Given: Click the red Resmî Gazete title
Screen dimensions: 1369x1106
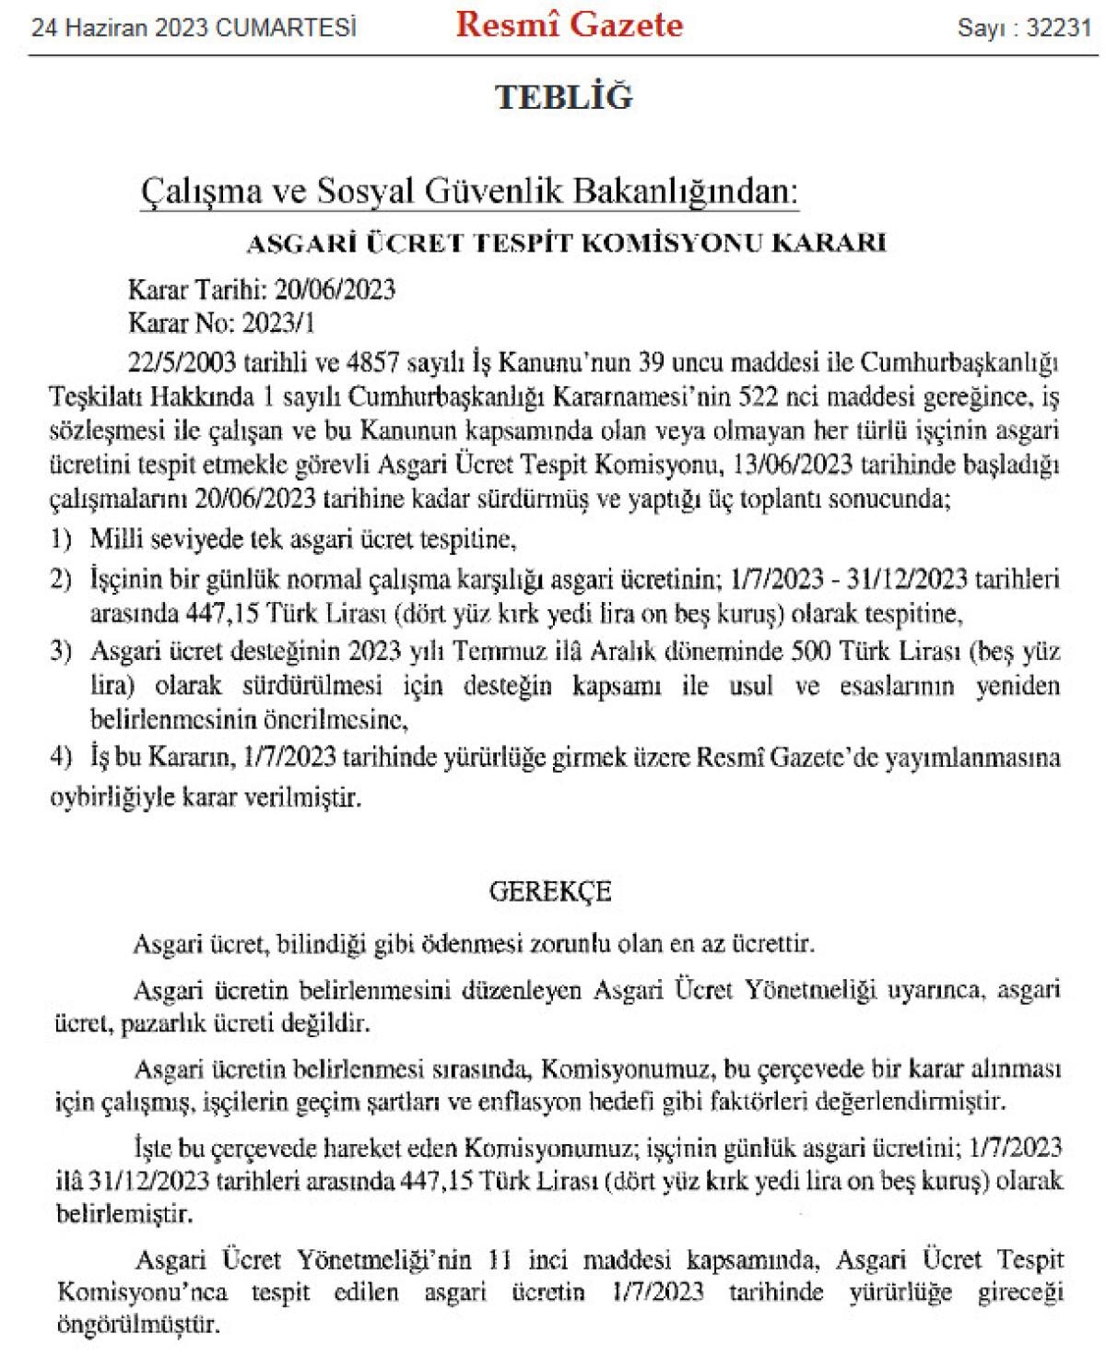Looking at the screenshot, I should (570, 25).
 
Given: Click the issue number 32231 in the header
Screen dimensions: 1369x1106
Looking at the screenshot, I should (1058, 28).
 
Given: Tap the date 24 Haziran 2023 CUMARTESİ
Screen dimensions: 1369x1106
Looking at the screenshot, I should (194, 29).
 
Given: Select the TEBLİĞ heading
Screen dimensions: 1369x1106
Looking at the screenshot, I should (564, 97).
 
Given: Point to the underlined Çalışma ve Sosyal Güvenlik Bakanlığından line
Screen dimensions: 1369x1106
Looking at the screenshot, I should (469, 192).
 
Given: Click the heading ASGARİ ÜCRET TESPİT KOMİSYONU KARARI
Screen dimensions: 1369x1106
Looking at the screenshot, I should (566, 242).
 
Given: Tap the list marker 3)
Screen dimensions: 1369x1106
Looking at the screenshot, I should (61, 652).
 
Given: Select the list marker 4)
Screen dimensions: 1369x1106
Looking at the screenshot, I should (61, 758).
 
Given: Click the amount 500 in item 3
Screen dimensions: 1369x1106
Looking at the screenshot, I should (813, 652).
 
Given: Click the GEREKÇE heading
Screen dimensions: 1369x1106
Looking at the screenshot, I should (550, 891).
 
